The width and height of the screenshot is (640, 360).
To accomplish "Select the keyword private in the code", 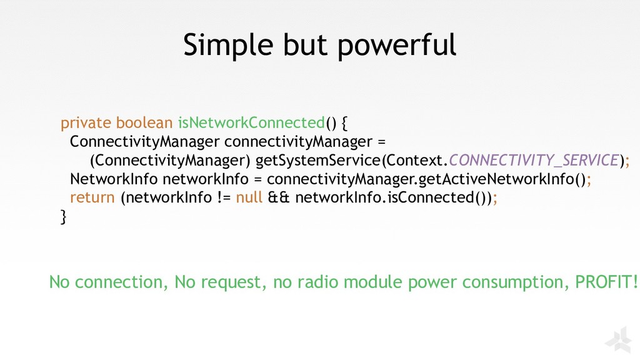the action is click(86, 122).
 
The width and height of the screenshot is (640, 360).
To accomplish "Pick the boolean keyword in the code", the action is click(144, 122).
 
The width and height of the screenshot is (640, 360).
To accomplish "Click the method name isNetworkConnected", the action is click(251, 122).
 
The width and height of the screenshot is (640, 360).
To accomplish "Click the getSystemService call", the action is click(317, 160).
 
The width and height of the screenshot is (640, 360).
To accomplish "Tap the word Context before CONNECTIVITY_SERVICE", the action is click(414, 160).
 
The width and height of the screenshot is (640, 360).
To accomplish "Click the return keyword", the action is click(92, 198).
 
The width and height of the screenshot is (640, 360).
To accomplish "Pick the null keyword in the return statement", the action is click(249, 198).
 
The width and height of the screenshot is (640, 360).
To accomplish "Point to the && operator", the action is click(278, 198).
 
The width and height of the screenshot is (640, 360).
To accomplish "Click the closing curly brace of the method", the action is click(62, 217).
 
